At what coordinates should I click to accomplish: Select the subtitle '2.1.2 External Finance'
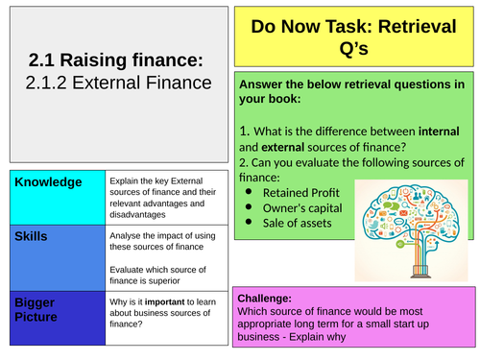(118, 84)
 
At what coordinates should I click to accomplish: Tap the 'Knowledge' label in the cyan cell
(48, 182)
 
